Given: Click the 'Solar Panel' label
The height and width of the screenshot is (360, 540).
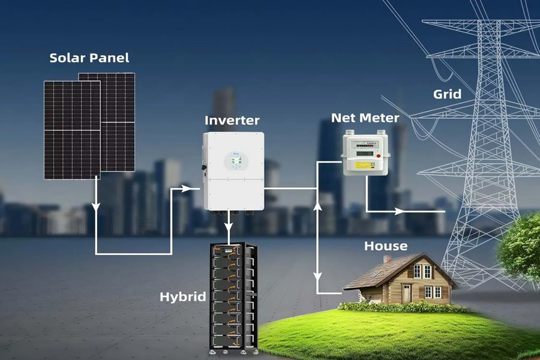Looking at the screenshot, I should (89, 58).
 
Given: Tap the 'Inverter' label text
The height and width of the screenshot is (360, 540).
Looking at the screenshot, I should (232, 120).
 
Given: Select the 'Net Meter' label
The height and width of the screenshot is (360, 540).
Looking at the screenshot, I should (365, 118).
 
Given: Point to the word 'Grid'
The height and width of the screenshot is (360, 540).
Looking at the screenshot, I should (447, 94).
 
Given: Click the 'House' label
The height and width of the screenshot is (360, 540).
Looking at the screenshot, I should (386, 246).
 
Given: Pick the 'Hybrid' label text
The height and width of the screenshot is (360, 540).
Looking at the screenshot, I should (183, 296).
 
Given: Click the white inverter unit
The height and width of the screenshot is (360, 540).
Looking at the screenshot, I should (233, 171).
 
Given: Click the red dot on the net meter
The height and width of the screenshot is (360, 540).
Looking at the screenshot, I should (378, 164).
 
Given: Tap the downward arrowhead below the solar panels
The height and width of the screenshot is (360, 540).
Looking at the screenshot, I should (95, 208).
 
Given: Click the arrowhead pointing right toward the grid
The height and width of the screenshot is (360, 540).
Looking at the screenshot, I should (398, 211).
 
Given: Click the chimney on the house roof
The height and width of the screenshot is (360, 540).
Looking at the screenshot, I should (387, 259).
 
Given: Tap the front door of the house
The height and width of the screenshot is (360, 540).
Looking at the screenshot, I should (407, 293).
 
